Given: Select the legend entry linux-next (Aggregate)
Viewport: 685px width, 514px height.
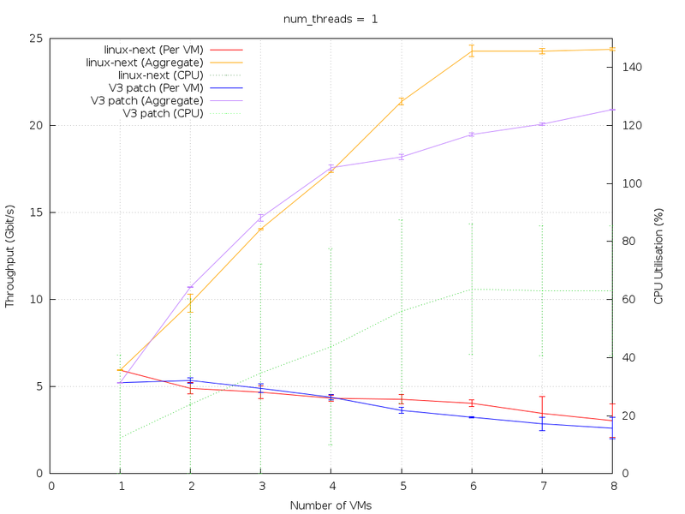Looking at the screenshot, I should click(145, 63).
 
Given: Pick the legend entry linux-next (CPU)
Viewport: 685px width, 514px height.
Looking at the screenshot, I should click(160, 75).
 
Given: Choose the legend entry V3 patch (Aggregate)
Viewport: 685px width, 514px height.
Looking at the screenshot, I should click(147, 100).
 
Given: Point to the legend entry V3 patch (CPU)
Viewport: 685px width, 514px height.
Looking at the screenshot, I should click(163, 113).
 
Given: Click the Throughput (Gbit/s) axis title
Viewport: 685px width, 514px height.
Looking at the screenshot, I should click(10, 255).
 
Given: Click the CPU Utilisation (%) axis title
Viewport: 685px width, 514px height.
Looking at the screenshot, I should click(658, 255).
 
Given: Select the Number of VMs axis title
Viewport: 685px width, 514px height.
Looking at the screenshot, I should click(331, 505).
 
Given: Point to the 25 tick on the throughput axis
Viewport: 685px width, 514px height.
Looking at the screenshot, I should click(39, 39).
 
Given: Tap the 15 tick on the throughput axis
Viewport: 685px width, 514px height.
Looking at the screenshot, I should click(39, 212).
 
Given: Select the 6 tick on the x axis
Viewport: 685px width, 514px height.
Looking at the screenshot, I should click(472, 486).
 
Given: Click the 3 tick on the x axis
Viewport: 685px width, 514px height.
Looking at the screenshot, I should click(261, 486).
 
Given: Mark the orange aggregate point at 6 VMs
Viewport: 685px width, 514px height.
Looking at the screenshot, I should click(472, 51).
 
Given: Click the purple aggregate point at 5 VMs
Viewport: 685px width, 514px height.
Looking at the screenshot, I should click(402, 157).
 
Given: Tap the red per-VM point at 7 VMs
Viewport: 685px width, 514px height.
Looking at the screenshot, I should click(542, 413).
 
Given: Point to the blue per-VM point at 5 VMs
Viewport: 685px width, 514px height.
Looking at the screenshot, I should click(402, 410).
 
